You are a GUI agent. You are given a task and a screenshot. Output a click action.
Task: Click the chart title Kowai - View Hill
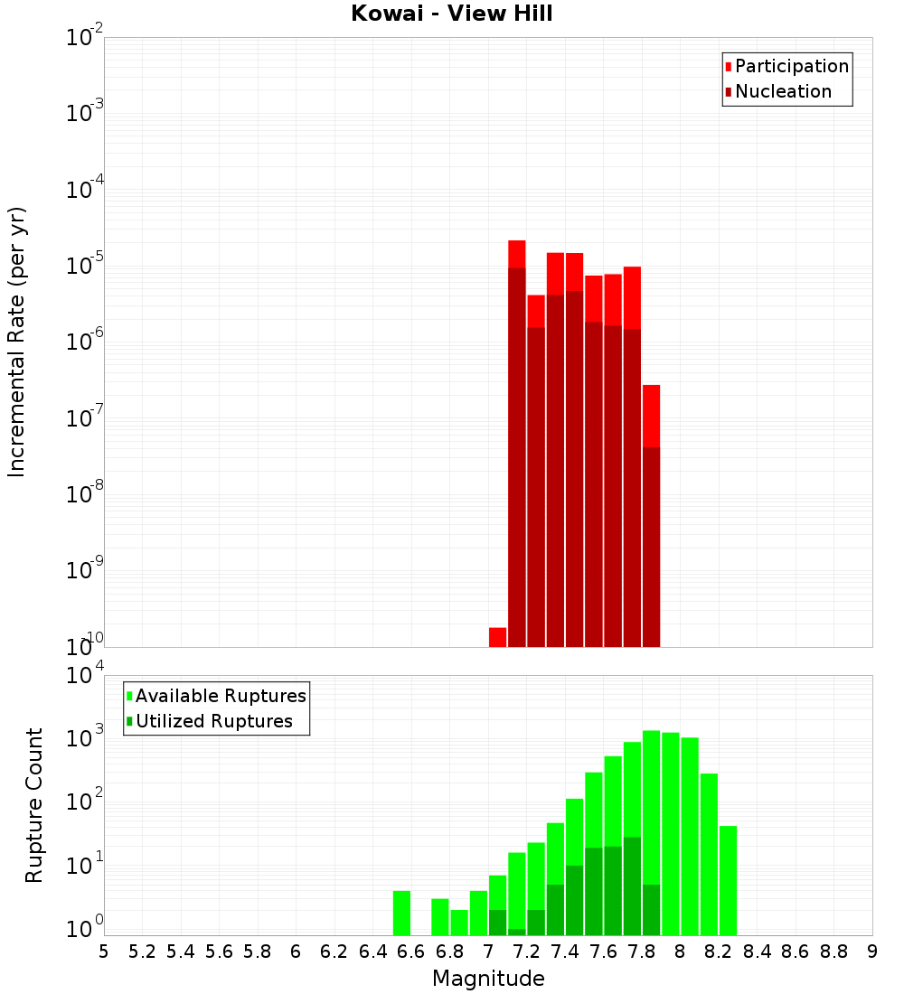pyautogui.click(x=452, y=14)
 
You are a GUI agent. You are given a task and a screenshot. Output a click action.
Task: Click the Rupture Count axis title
pyautogui.click(x=34, y=804)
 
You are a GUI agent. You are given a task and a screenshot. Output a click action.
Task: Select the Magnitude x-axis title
pyautogui.click(x=488, y=979)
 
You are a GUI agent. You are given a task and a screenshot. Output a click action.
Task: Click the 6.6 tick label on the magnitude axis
pyautogui.click(x=411, y=952)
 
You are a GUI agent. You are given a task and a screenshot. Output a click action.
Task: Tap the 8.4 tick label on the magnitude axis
pyautogui.click(x=757, y=952)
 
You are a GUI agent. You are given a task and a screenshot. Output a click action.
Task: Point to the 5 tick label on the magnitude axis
pyautogui.click(x=104, y=952)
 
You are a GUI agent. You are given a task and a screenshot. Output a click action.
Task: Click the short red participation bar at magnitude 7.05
pyautogui.click(x=497, y=637)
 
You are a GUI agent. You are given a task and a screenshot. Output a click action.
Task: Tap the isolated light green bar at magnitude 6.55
pyautogui.click(x=401, y=913)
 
